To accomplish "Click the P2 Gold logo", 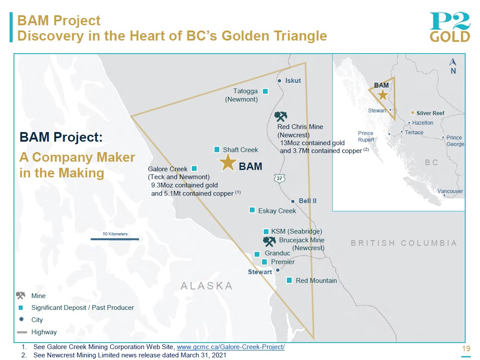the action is click(450, 27).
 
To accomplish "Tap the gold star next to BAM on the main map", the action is click(228, 162).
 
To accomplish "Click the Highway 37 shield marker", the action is click(279, 178).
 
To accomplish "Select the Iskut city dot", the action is click(279, 81).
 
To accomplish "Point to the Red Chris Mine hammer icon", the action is click(281, 116).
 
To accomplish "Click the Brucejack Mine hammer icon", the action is click(269, 241).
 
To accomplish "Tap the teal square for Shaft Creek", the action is click(217, 149).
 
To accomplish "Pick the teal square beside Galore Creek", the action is click(194, 168).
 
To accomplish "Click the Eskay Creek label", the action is click(277, 211).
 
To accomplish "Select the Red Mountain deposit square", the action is click(289, 280).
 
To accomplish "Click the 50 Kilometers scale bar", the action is click(115, 239).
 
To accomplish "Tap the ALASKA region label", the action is click(207, 285).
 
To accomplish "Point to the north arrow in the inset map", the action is click(453, 62).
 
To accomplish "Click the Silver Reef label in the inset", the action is click(430, 113).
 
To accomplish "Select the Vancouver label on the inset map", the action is click(450, 191).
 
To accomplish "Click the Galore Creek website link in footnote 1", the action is click(231, 347).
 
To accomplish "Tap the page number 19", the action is click(466, 349).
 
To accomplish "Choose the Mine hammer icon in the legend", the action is click(20, 295).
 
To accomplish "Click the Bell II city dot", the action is click(293, 201).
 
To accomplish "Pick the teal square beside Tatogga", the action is click(266, 91).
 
